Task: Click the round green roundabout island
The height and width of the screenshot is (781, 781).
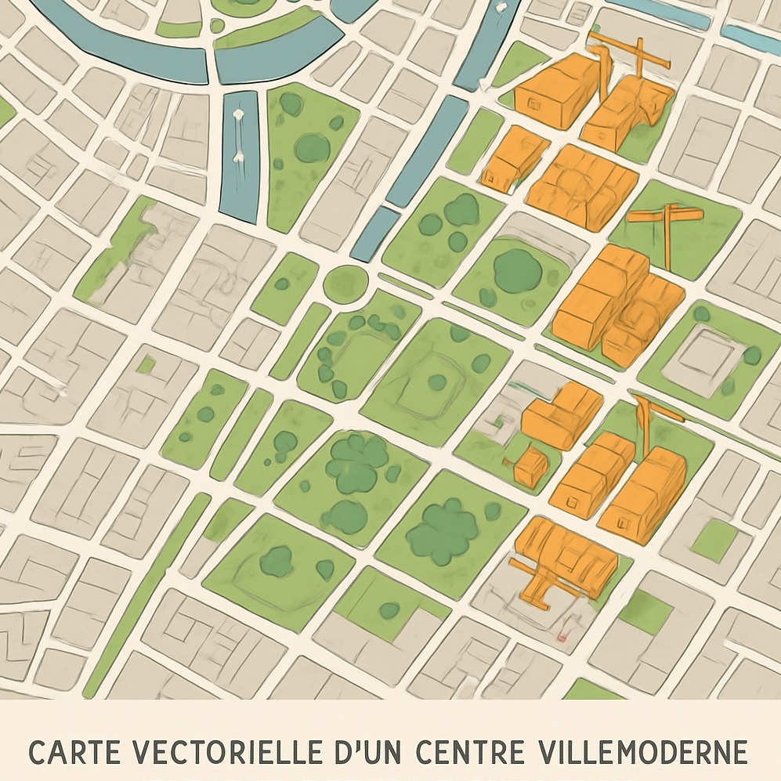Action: click(345, 282)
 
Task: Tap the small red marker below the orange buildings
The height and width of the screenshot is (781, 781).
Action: click(562, 639)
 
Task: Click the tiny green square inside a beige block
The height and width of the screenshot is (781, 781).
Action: click(146, 364)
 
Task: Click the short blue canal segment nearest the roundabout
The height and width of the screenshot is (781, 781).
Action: click(375, 234)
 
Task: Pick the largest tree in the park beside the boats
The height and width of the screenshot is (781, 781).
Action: click(313, 147)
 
